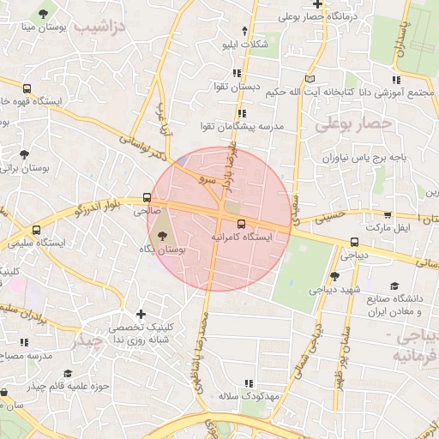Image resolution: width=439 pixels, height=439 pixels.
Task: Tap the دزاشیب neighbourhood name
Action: tap(99, 27)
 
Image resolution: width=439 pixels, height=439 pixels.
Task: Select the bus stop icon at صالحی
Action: tap(147, 198)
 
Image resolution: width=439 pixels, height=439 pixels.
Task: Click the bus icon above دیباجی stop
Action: tap(354, 242)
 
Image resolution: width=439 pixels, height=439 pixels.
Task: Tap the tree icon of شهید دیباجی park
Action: tap(334, 276)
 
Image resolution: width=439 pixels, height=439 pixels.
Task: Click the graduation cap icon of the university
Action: tap(394, 286)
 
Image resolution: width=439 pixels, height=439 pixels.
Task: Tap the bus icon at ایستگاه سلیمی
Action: tap(36, 230)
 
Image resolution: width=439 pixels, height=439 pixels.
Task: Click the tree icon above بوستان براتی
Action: tap(24, 155)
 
